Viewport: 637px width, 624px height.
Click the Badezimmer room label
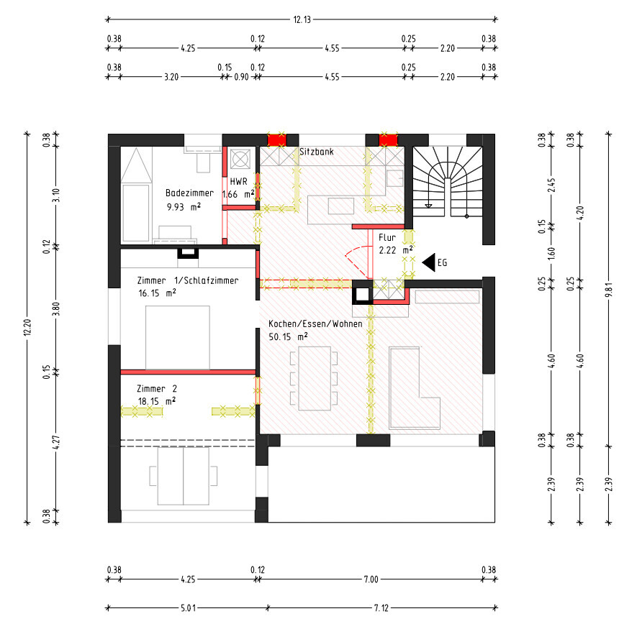click(x=189, y=193)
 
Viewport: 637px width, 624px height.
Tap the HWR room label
click(x=238, y=181)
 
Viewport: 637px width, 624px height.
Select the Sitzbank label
click(x=317, y=152)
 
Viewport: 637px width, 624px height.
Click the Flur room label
click(x=387, y=238)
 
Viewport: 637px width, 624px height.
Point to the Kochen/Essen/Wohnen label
click(x=315, y=324)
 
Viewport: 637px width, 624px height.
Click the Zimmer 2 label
click(x=157, y=389)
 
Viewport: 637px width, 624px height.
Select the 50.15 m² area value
click(x=288, y=336)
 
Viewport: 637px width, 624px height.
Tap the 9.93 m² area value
click(x=184, y=207)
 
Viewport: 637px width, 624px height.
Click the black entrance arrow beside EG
click(x=429, y=262)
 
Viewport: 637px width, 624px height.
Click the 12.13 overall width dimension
click(x=302, y=19)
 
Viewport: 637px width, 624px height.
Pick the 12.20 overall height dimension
click(x=27, y=327)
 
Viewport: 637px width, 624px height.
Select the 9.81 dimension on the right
click(x=608, y=290)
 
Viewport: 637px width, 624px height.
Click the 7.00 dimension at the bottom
click(x=371, y=579)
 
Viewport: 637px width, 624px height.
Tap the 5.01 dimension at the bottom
click(x=188, y=607)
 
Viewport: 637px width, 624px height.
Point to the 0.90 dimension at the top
click(x=241, y=77)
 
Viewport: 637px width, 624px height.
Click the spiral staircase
click(x=447, y=182)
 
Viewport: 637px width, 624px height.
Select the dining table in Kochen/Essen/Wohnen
click(x=315, y=379)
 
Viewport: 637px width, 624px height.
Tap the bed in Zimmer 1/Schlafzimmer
click(x=178, y=338)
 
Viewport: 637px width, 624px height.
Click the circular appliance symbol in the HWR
click(x=240, y=159)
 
